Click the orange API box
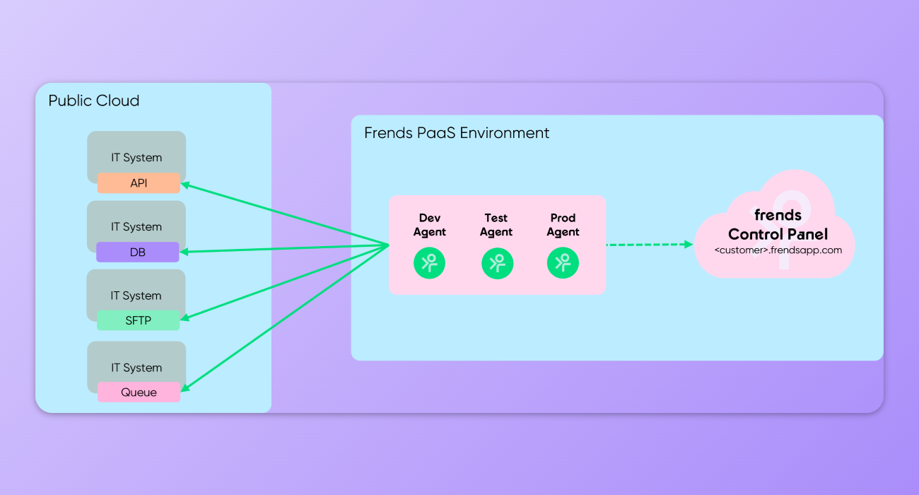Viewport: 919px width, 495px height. coord(139,183)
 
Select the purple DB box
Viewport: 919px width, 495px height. coord(138,252)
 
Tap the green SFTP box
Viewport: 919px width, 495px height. coord(139,320)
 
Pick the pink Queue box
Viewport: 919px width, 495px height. coord(139,392)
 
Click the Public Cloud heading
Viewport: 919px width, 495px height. coord(94,100)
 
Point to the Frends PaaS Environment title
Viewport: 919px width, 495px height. coord(457,133)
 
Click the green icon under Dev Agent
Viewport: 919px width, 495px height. coord(429,263)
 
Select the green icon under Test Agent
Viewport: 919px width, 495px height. coord(497,263)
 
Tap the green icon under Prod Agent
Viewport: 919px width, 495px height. coord(563,263)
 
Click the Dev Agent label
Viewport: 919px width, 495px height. coord(430,225)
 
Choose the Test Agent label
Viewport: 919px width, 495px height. coord(496,225)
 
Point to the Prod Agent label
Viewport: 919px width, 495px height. coord(563,225)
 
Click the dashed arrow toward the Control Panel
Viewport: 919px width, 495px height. coord(649,245)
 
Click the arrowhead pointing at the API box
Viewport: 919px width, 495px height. coord(185,185)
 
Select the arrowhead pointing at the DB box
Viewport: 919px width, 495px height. coord(185,251)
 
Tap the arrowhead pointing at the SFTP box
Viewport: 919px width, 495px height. coord(185,318)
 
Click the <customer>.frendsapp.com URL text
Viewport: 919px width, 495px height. coord(778,250)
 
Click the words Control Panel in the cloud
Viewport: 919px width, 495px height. coord(778,234)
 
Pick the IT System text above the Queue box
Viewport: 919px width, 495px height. coord(136,368)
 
